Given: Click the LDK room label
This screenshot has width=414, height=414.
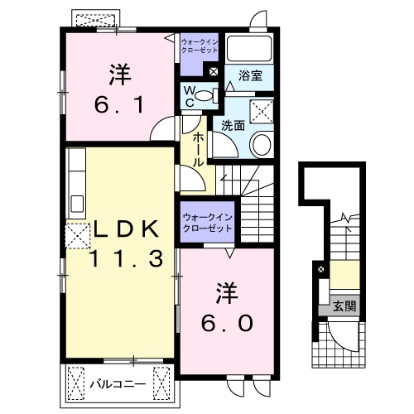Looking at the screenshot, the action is click(127, 229).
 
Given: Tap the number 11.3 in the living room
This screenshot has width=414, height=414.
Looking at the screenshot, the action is click(127, 258).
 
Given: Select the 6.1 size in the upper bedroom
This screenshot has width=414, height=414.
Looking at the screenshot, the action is click(119, 104).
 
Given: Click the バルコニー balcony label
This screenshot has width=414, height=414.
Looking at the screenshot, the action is click(118, 384).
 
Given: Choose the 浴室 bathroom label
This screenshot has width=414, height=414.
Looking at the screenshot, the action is click(250, 75).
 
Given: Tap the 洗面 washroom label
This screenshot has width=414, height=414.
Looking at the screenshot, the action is click(233, 126).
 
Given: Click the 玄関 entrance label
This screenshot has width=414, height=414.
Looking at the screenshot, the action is click(344, 306).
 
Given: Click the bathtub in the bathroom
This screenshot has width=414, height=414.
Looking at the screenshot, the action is click(248, 48).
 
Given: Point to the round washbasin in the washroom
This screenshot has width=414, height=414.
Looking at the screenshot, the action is click(262, 144).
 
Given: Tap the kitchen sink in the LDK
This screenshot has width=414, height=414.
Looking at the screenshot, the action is click(77, 204).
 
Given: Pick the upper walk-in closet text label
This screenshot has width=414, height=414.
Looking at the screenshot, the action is click(200, 46).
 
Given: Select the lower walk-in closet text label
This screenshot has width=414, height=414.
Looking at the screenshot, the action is click(208, 223).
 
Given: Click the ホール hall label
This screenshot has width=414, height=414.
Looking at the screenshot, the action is click(198, 149).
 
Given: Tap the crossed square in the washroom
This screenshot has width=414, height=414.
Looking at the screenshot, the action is click(262, 111).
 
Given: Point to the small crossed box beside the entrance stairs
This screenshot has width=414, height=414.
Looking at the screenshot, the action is click(321, 269).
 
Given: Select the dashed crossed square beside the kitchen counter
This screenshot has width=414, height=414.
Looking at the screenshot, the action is click(78, 236).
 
